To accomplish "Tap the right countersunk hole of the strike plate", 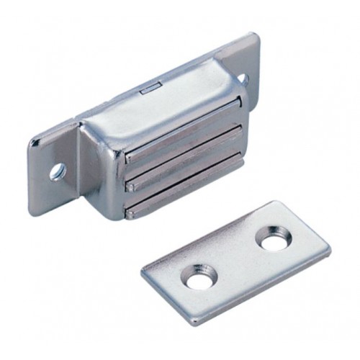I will pyautogui.click(x=271, y=240).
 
